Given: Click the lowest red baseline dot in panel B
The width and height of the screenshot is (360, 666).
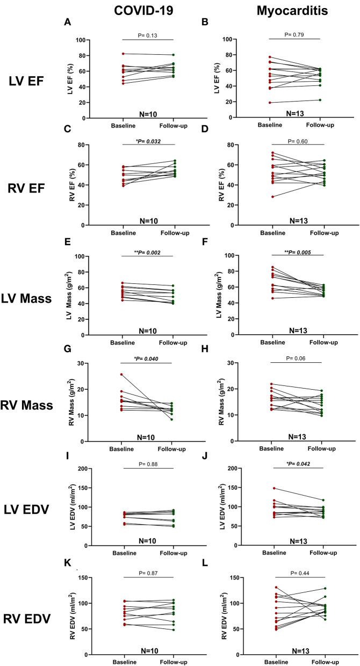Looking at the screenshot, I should point(273,102).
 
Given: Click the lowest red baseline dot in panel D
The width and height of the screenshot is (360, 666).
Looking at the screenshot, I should point(273,197).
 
